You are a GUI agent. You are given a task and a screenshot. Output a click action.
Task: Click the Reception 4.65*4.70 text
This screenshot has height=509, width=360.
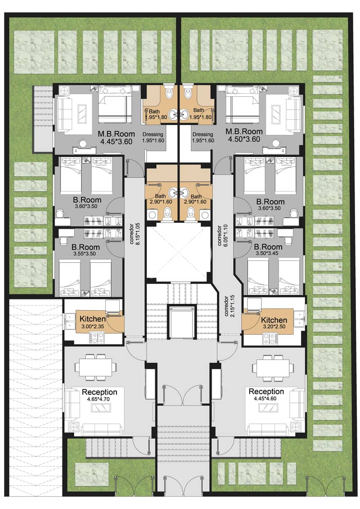[99, 395]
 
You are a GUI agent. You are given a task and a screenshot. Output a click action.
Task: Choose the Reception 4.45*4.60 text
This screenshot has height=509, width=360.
[266, 394]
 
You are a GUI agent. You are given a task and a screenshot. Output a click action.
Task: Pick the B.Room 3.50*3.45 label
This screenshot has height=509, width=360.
[268, 250]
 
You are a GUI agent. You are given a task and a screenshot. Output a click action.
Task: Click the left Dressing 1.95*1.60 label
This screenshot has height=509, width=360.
[153, 137]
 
